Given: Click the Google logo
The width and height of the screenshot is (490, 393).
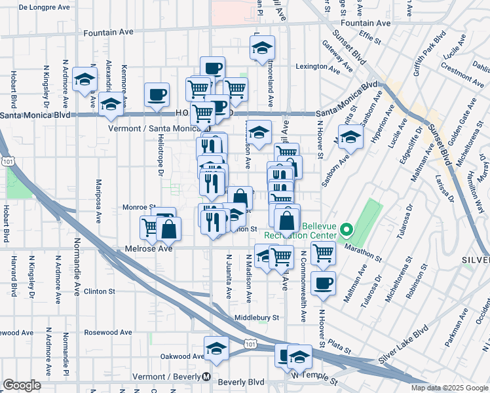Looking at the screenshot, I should pos(22,385).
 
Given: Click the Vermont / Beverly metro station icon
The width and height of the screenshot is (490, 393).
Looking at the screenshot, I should pos(206,377).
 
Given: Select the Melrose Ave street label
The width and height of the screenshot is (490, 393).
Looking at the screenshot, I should pos(149,250).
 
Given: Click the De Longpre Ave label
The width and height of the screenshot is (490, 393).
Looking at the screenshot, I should pos(44,8).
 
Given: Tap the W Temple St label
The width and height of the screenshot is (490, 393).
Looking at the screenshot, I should pos(314,377).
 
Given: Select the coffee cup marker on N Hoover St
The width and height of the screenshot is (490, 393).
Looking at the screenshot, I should pos(323,284).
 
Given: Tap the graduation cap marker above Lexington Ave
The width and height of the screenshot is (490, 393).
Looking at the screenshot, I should pos(262,48).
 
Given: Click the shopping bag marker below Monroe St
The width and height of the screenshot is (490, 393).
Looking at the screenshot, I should pos(169,229).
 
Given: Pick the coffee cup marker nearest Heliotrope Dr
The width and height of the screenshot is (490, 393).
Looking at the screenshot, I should pos(157,94).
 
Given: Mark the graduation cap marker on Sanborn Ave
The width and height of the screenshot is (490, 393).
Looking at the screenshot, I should pos(351,138).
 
